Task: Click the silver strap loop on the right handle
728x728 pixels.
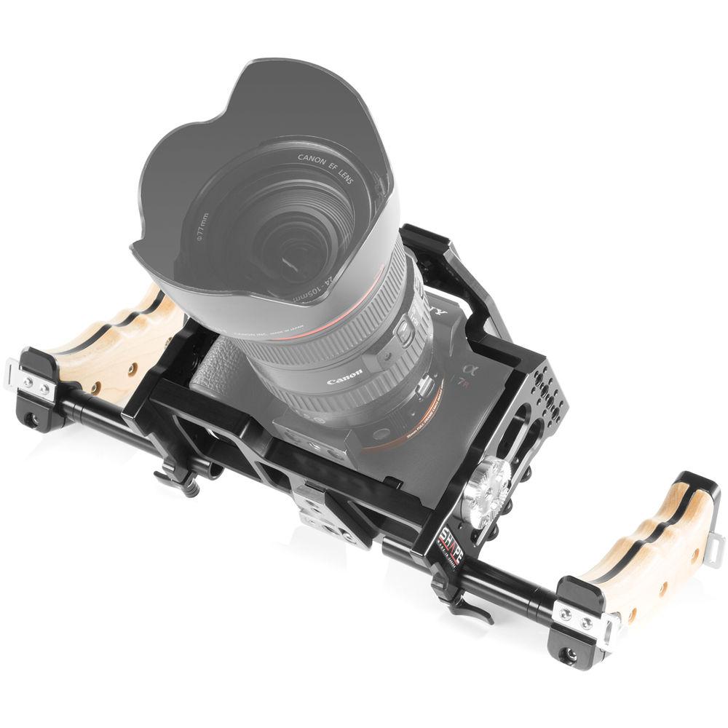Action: pos(714,550)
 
